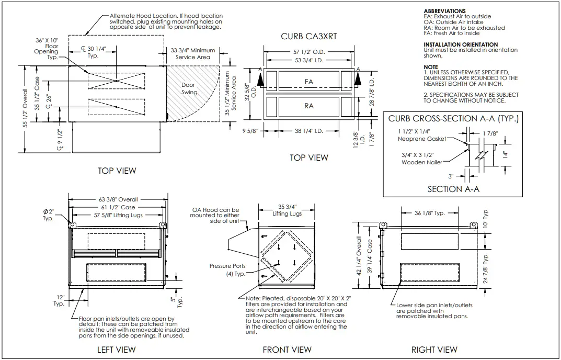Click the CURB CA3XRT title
click(x=308, y=37)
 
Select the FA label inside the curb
click(x=309, y=82)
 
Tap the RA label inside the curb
click(x=309, y=106)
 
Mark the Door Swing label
click(x=189, y=88)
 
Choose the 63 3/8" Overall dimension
click(x=118, y=199)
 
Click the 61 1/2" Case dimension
click(x=118, y=207)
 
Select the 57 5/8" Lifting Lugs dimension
click(x=118, y=215)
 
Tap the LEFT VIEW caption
click(x=117, y=350)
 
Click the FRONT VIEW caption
click(x=287, y=350)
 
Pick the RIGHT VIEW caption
click(x=434, y=350)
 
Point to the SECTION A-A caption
click(x=453, y=189)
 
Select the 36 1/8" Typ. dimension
click(x=429, y=213)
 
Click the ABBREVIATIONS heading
click(x=444, y=11)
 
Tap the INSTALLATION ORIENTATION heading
click(x=461, y=44)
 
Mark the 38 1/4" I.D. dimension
click(x=308, y=131)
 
